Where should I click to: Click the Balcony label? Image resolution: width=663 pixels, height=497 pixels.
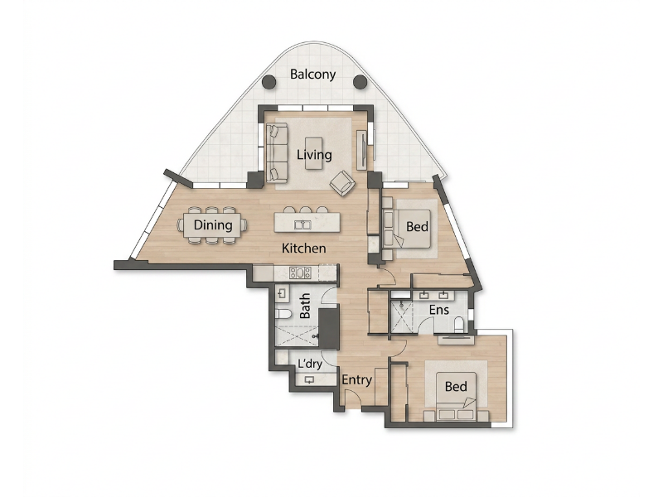point(313,75)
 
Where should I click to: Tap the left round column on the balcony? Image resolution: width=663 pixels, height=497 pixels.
point(269,82)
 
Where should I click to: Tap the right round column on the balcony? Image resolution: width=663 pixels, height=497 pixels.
point(360,81)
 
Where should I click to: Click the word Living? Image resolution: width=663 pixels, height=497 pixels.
point(314,155)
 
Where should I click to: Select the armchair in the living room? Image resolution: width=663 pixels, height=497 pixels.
point(342,183)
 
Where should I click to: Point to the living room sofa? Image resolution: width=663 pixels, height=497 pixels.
point(277,152)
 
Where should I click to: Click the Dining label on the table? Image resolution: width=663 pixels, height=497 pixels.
point(213,224)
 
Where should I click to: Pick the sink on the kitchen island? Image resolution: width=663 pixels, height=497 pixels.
point(302,224)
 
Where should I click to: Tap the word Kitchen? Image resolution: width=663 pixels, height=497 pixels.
point(303,248)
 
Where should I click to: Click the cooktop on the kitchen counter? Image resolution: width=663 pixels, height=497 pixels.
point(300,273)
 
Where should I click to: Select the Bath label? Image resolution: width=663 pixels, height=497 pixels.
point(304,306)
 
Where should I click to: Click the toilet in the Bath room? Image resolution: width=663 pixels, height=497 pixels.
point(283,314)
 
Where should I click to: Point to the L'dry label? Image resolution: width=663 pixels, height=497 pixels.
point(310,364)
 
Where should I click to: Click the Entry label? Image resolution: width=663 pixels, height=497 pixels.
point(356,380)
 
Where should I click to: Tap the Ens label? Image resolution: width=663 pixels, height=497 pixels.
point(439,310)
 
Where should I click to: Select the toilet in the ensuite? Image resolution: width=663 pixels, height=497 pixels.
point(459,325)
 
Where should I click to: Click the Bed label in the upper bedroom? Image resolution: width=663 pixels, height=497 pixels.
point(417,227)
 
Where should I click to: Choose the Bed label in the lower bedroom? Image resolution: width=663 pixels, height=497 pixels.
point(456,386)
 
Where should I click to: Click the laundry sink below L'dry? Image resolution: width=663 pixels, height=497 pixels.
point(309,380)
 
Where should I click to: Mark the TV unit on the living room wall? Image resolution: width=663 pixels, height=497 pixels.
point(362,150)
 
